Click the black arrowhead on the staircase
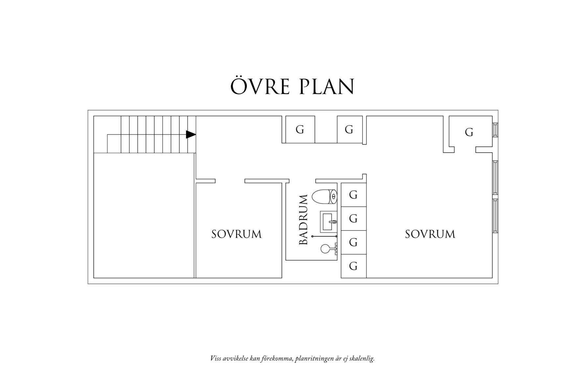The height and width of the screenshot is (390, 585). [x=191, y=134]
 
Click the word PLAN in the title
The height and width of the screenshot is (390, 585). [x=327, y=86]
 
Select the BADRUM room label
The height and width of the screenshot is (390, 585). [x=303, y=219]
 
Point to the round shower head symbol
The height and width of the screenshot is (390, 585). [x=325, y=249]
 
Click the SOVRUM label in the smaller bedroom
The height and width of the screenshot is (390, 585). [x=236, y=234]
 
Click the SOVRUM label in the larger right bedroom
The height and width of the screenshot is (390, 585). [x=430, y=234]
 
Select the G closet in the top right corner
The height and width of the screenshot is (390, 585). [x=469, y=132]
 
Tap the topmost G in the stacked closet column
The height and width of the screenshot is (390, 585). [x=353, y=195]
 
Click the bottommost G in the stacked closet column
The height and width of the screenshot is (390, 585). [x=353, y=266]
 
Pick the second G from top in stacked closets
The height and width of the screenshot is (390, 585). [x=353, y=218]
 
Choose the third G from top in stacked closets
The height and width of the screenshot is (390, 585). [x=353, y=242]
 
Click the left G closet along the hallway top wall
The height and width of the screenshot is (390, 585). [x=300, y=130]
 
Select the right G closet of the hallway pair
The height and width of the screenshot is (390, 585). [x=349, y=130]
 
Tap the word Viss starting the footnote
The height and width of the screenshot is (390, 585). [x=215, y=358]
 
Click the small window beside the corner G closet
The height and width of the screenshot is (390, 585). [x=495, y=130]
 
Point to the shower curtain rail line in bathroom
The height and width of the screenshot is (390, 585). [x=324, y=236]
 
